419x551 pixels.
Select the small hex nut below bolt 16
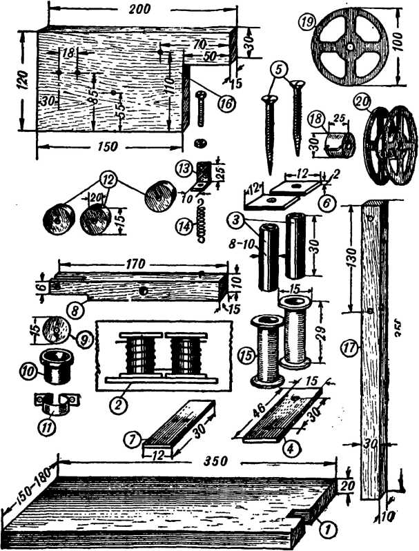199,144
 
